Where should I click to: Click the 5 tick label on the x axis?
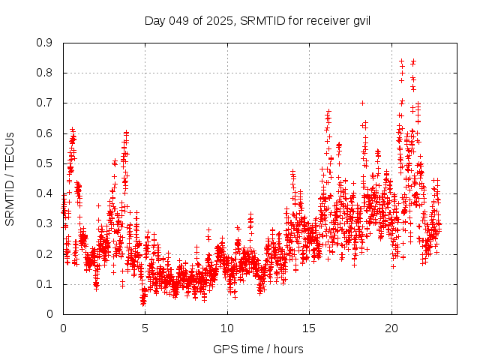(x=145, y=328)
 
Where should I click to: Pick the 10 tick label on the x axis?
(x=227, y=328)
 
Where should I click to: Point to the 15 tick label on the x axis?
(x=309, y=328)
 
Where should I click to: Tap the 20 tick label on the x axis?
(x=391, y=328)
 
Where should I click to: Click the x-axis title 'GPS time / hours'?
(x=258, y=349)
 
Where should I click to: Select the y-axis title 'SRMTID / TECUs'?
(x=10, y=178)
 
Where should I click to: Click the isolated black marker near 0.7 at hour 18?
(x=362, y=103)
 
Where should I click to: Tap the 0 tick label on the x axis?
(x=63, y=328)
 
